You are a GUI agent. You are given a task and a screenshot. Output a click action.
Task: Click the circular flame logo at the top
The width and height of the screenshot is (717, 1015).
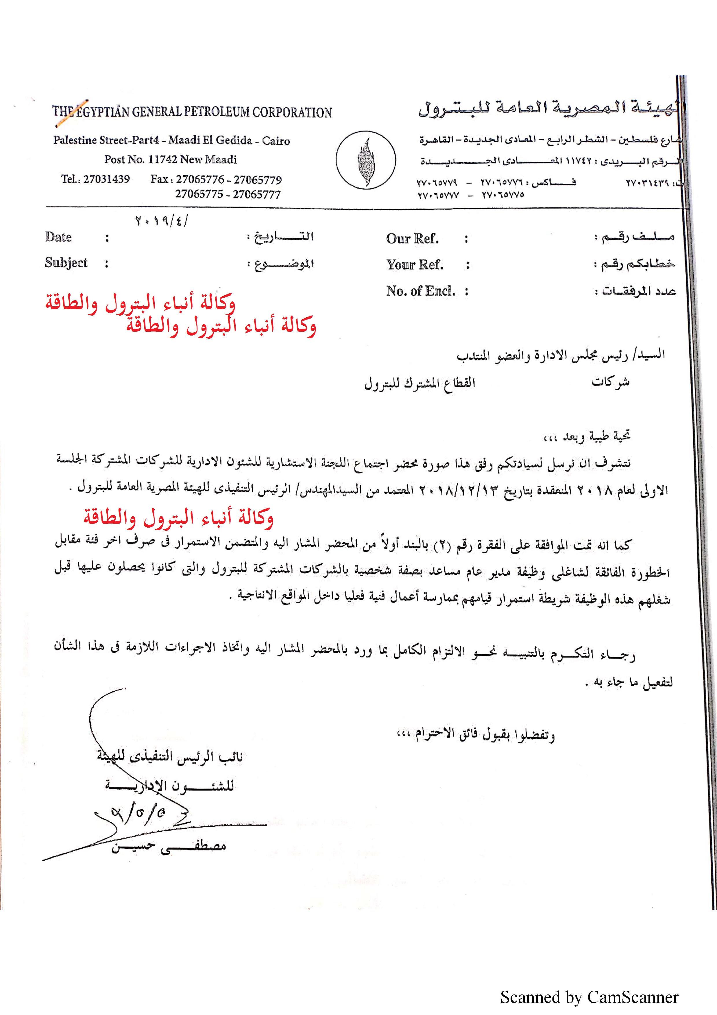365,160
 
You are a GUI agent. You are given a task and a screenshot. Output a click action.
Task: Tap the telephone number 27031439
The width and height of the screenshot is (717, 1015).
106,179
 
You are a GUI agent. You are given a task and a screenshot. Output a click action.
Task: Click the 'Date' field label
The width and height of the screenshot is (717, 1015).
58,237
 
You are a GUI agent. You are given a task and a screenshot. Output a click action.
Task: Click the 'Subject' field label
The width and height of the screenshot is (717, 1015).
66,263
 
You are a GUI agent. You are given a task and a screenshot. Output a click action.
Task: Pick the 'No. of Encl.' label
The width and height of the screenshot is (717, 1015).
420,291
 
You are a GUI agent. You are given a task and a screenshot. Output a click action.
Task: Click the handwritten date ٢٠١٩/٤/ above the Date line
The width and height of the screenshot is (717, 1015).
162,220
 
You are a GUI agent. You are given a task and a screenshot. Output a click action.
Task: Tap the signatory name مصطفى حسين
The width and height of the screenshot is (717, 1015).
169,847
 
